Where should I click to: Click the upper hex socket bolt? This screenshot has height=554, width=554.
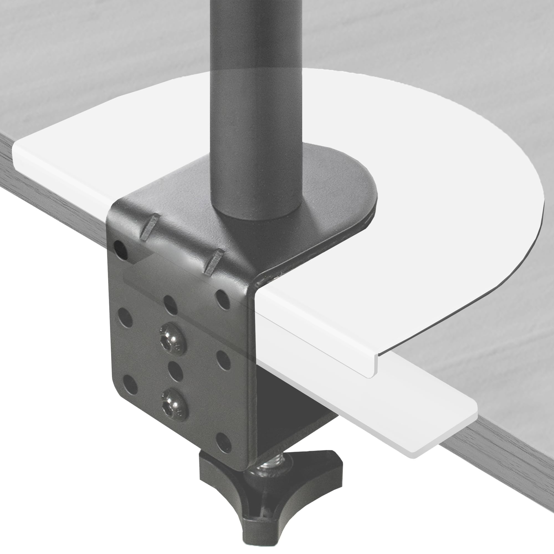tap(173, 339)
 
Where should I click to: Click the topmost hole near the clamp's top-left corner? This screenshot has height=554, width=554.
tap(120, 248)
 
